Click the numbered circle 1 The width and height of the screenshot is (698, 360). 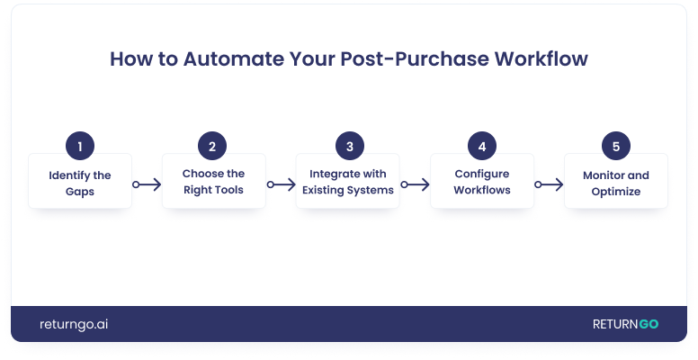[80, 147]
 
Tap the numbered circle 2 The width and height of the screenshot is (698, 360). [213, 147]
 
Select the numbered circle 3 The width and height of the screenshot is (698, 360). [347, 147]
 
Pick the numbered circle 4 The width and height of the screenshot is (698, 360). [482, 147]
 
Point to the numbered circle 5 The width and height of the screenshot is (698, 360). [615, 147]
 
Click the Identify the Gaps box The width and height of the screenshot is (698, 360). [80, 183]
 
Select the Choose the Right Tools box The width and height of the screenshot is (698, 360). [213, 183]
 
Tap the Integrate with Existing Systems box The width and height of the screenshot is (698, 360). [347, 183]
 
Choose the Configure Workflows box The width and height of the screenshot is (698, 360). [482, 183]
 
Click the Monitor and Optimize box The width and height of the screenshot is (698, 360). [615, 183]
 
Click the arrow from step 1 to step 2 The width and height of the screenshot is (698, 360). [147, 184]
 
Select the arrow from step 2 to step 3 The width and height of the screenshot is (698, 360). [281, 184]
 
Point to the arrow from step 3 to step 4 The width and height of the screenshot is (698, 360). [415, 184]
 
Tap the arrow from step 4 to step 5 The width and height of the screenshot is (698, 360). [549, 184]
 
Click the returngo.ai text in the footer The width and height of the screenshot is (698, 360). [75, 324]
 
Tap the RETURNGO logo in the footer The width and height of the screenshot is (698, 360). [625, 324]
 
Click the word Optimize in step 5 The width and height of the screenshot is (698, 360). [615, 191]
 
